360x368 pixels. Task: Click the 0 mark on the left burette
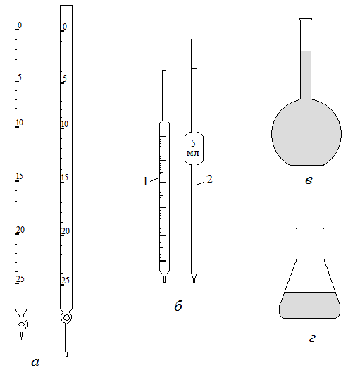(x=20, y=25)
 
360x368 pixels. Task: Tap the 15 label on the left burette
(x=20, y=176)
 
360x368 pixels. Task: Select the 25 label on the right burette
(x=66, y=280)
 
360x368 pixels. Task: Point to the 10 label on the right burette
(x=65, y=124)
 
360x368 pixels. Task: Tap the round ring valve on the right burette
(x=66, y=318)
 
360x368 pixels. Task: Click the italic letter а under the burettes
(x=35, y=362)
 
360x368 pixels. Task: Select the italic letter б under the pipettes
(x=178, y=305)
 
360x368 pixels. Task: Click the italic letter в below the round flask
(x=309, y=180)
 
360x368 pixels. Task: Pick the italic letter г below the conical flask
(x=312, y=338)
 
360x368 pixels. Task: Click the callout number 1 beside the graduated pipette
(x=145, y=181)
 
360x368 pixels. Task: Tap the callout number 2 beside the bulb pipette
(x=209, y=179)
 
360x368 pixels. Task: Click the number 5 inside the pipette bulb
(x=193, y=143)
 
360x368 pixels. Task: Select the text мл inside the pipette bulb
(x=193, y=153)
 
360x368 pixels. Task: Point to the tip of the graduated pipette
(x=164, y=282)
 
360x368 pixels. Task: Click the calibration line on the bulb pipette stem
(x=194, y=68)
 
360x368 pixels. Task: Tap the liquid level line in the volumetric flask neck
(x=306, y=51)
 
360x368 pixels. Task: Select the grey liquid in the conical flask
(x=310, y=305)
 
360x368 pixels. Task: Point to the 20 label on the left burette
(x=20, y=230)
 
